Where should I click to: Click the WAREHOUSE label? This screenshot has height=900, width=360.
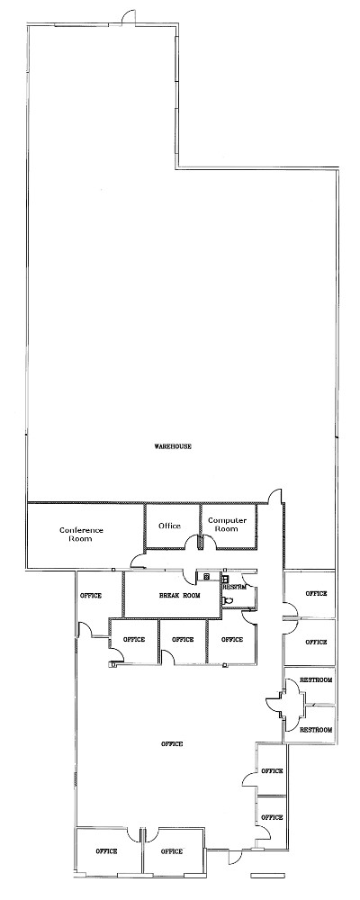coord(172,446)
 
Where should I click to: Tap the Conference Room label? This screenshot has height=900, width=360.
coord(81,535)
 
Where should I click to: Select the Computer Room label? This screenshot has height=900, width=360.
coord(228,525)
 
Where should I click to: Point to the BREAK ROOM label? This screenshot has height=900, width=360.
coord(180,596)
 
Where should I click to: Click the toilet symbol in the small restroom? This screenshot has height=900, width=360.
coord(228,599)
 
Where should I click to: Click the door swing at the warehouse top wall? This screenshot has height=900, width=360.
coord(130,17)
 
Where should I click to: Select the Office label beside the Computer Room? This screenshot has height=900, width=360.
coord(169,526)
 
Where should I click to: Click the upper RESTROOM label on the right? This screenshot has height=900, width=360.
coord(316,680)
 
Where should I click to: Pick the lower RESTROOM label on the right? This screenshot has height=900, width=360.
coord(316,730)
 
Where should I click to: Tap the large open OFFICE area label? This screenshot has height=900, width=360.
coord(172,744)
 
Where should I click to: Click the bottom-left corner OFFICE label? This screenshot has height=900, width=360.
coord(106,851)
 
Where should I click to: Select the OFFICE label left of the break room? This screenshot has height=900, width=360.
coord(91,596)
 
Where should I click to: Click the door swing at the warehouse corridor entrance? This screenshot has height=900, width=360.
coord(275,496)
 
